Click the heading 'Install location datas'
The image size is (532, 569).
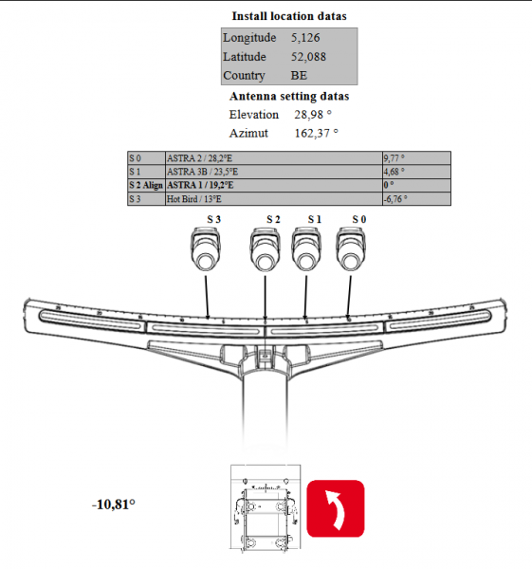(x=289, y=16)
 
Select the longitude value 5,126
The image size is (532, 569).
(x=305, y=38)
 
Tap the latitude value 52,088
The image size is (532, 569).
(x=308, y=57)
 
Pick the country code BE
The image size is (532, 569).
(x=299, y=75)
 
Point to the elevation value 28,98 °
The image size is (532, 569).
(x=313, y=115)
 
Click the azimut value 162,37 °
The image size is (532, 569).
(x=316, y=133)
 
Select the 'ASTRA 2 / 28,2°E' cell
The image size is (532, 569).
(x=274, y=158)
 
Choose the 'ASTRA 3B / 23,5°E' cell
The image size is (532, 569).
(x=274, y=172)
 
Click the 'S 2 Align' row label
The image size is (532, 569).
(x=146, y=185)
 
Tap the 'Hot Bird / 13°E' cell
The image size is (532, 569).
(x=274, y=199)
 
